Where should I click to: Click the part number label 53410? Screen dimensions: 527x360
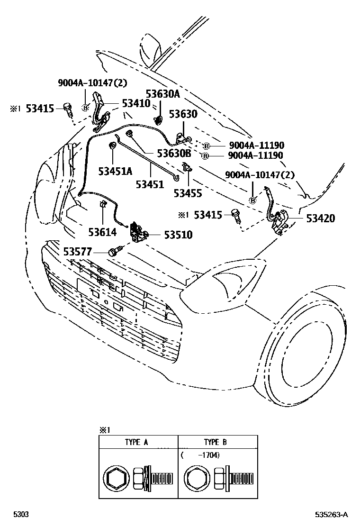point(136,103)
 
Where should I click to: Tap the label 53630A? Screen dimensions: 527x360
point(162,94)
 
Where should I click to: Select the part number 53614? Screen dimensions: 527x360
point(102,232)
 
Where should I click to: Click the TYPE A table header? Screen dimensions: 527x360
point(137,442)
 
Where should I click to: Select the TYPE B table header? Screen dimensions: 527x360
point(216,442)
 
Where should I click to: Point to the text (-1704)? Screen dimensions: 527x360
point(200,455)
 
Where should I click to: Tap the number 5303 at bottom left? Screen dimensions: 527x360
point(20,515)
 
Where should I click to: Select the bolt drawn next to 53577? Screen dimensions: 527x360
point(116,250)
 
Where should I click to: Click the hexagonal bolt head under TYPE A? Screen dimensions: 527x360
point(115,479)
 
